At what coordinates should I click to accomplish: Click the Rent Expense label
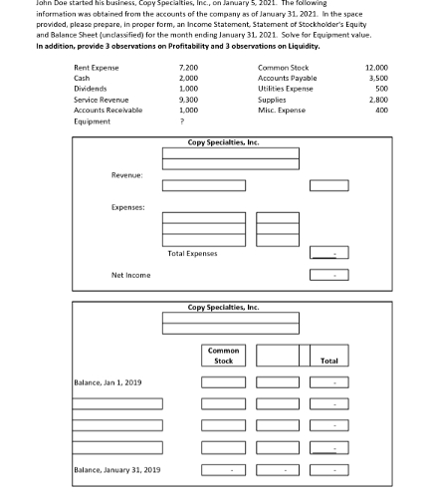click(97, 67)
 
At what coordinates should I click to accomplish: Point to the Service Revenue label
click(102, 100)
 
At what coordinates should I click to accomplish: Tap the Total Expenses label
click(192, 253)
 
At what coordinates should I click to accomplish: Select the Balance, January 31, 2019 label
click(116, 469)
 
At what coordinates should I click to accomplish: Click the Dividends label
click(92, 89)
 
